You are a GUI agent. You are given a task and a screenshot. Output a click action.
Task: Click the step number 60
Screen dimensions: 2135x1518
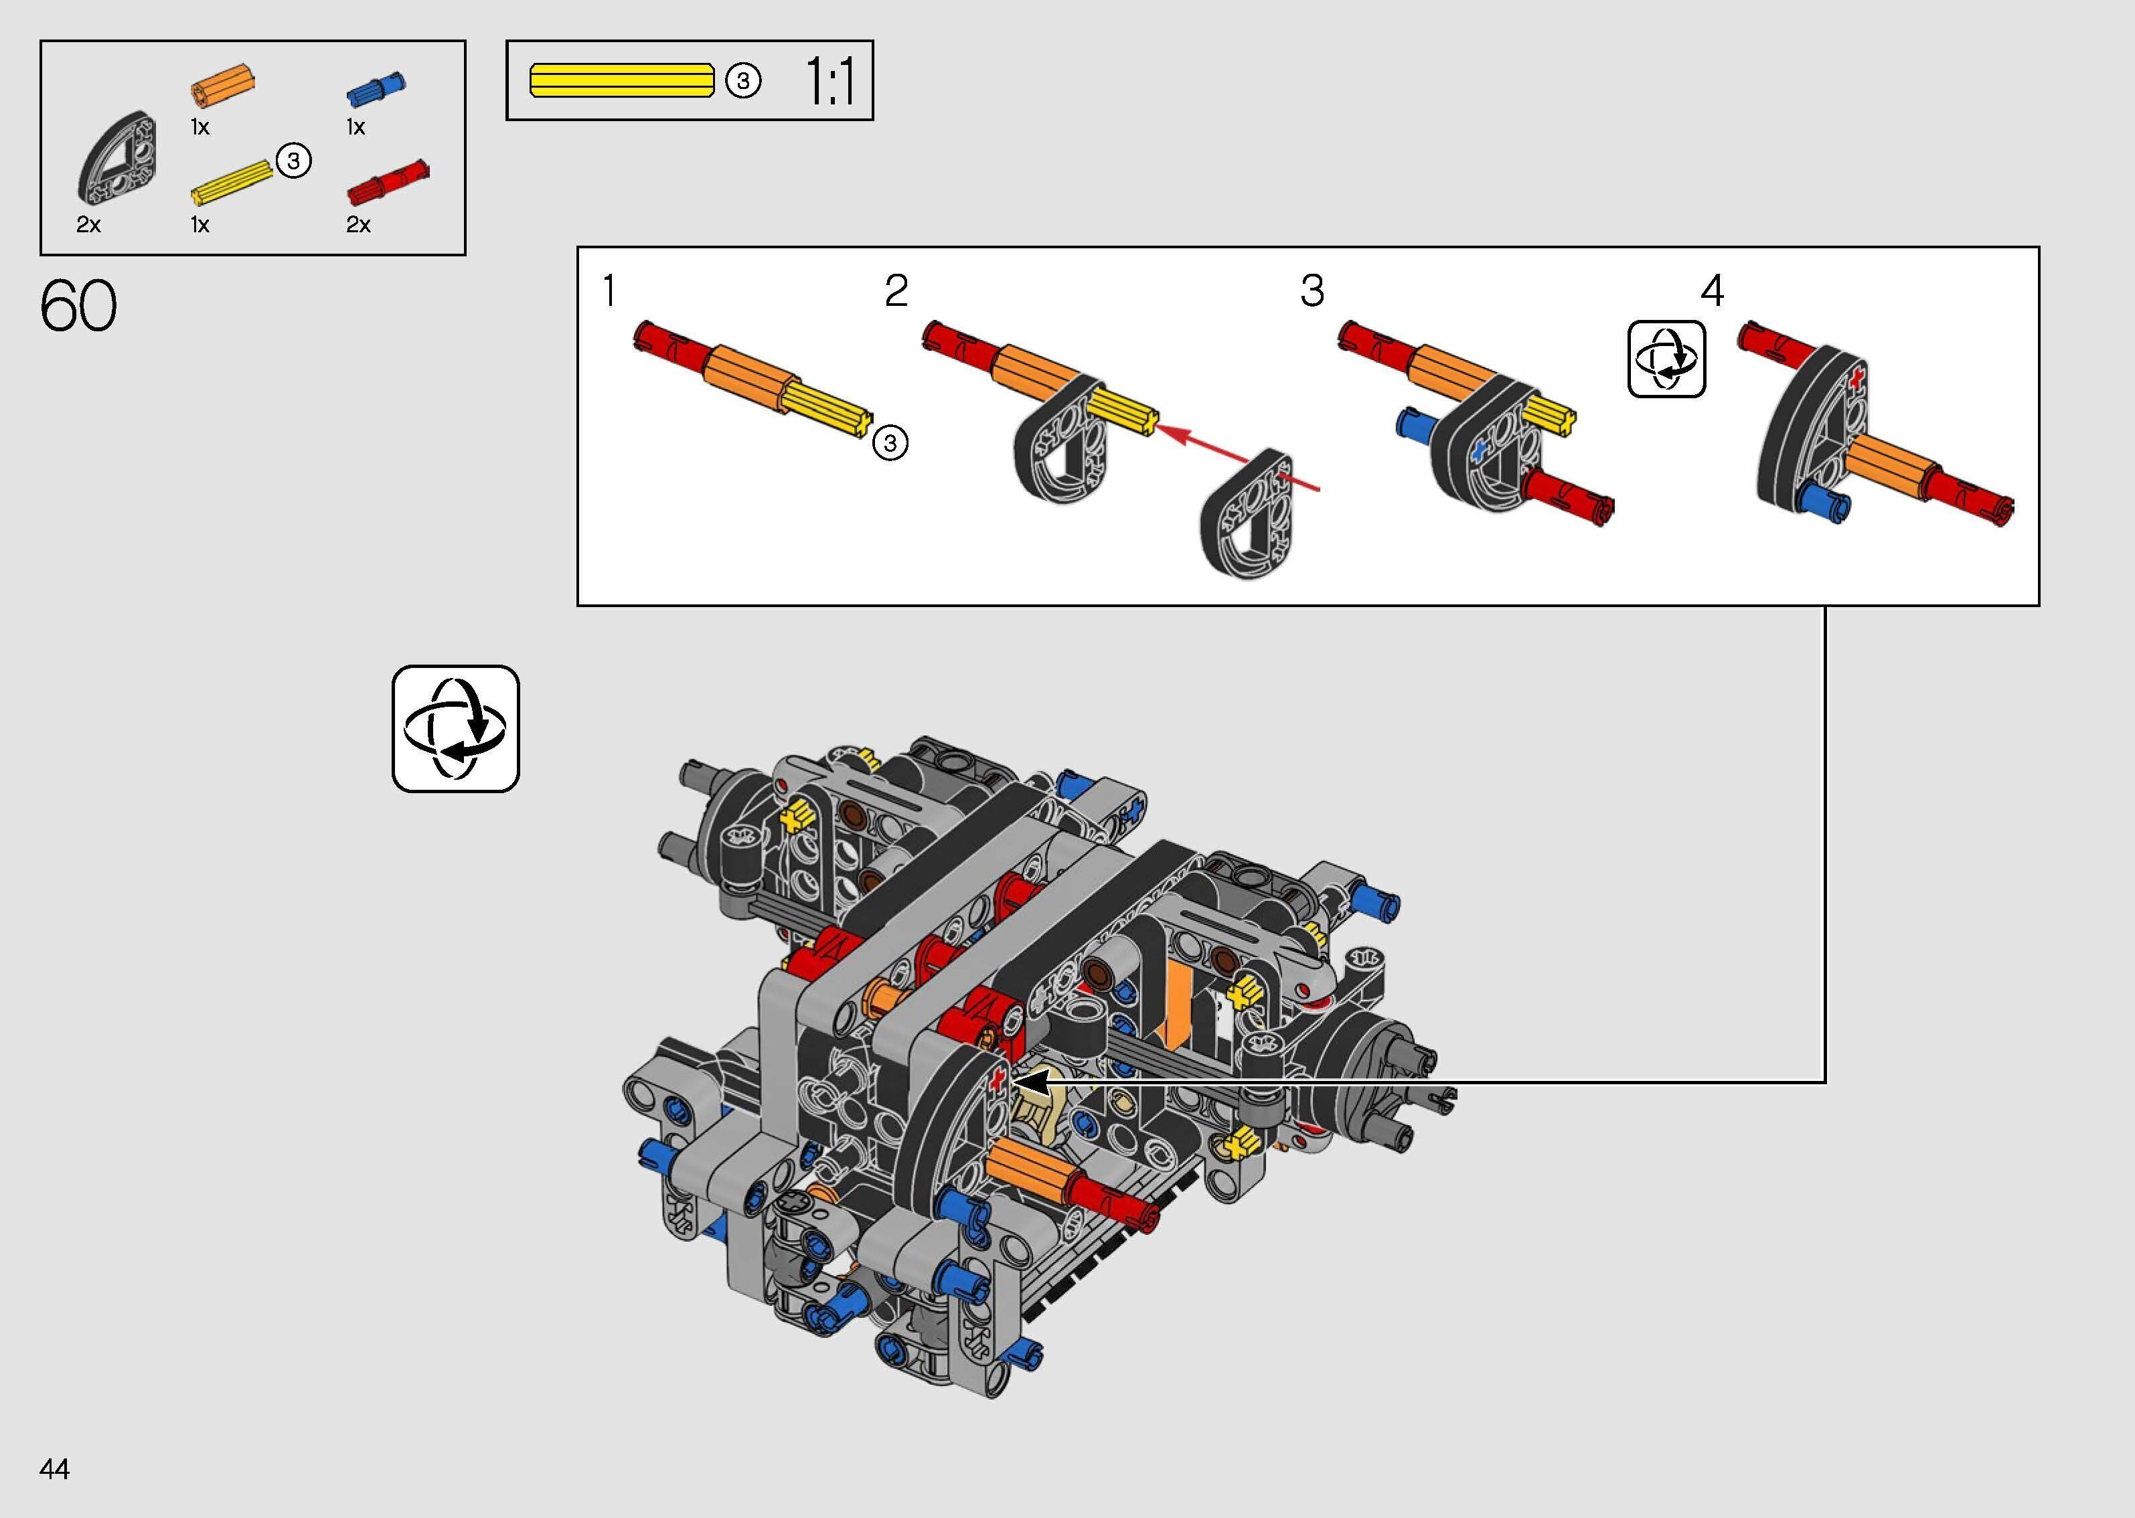[x=78, y=306]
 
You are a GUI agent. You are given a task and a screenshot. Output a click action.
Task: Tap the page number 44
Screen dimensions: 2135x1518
[x=55, y=1469]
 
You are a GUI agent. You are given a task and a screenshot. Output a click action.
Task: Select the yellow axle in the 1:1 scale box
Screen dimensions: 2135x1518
[x=621, y=80]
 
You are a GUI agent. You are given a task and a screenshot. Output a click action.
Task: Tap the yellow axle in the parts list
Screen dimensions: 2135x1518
[x=231, y=182]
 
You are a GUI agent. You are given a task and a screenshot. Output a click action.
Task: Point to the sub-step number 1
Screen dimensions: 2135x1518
[x=609, y=290]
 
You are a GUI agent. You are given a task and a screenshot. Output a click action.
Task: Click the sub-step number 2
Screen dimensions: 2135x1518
[x=896, y=290]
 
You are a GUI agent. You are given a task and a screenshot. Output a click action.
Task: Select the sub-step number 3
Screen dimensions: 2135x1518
[x=1312, y=290]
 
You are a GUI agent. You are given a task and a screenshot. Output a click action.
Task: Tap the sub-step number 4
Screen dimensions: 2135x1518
[x=1712, y=290]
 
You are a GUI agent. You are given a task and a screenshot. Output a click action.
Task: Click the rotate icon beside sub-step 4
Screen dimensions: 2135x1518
[x=1666, y=359]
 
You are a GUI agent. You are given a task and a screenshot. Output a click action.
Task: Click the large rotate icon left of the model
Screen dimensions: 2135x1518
[x=455, y=729]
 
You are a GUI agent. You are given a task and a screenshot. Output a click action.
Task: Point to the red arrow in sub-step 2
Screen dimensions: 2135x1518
[x=1239, y=458]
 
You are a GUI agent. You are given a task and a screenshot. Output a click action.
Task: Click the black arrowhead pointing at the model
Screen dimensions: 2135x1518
[x=1032, y=1082]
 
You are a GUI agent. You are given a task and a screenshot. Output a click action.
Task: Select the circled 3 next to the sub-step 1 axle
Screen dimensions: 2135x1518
[x=890, y=442]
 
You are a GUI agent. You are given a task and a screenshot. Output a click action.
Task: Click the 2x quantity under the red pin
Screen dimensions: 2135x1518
[x=358, y=224]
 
